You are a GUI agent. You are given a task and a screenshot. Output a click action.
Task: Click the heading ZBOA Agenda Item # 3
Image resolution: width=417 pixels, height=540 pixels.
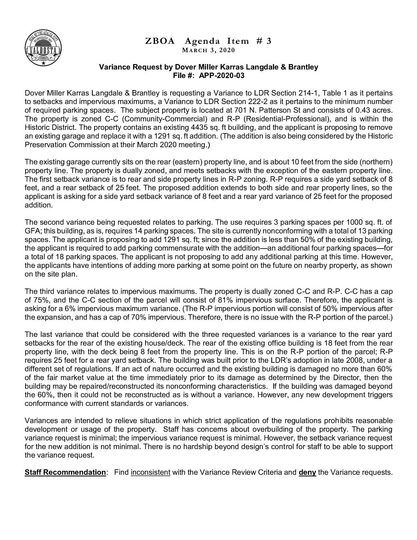[208, 41]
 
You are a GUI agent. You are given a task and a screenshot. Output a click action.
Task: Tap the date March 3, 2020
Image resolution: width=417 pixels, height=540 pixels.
[208, 50]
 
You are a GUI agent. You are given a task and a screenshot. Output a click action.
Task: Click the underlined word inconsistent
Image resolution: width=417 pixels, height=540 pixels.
[150, 472]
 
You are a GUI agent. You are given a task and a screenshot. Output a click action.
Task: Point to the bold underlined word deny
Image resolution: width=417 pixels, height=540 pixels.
[307, 472]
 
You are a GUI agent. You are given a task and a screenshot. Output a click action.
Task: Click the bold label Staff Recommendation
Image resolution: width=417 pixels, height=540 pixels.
[65, 472]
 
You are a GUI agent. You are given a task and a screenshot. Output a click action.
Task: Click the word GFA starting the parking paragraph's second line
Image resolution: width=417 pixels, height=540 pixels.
[32, 231]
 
